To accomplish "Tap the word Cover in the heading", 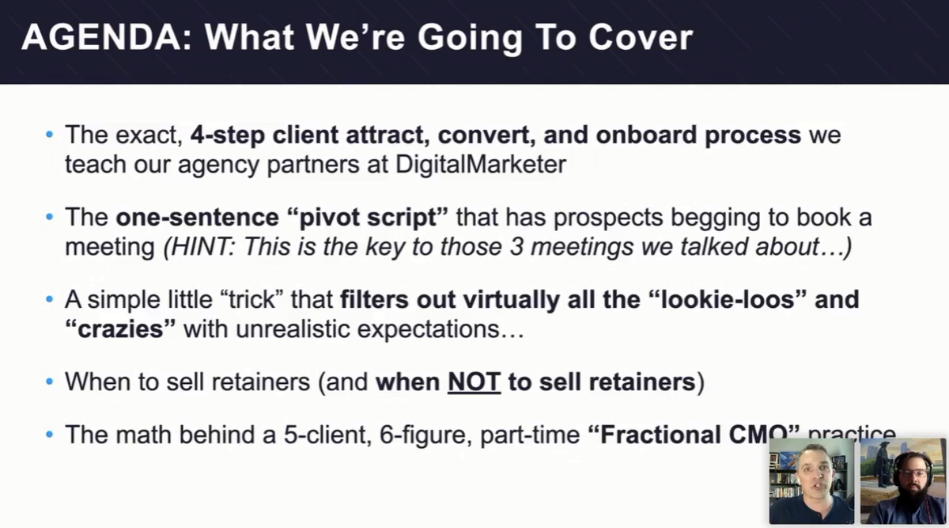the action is point(640,37).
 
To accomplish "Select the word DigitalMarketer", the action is point(481,164).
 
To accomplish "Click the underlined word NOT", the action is point(474,382).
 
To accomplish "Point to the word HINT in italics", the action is point(202,246).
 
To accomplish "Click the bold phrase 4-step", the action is point(228,135).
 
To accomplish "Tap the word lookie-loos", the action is point(728,299).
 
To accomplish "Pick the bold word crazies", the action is point(120,329).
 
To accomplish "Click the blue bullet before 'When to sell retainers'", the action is point(50,382).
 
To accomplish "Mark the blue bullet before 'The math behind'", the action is point(50,435).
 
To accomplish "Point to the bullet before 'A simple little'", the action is point(50,299).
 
